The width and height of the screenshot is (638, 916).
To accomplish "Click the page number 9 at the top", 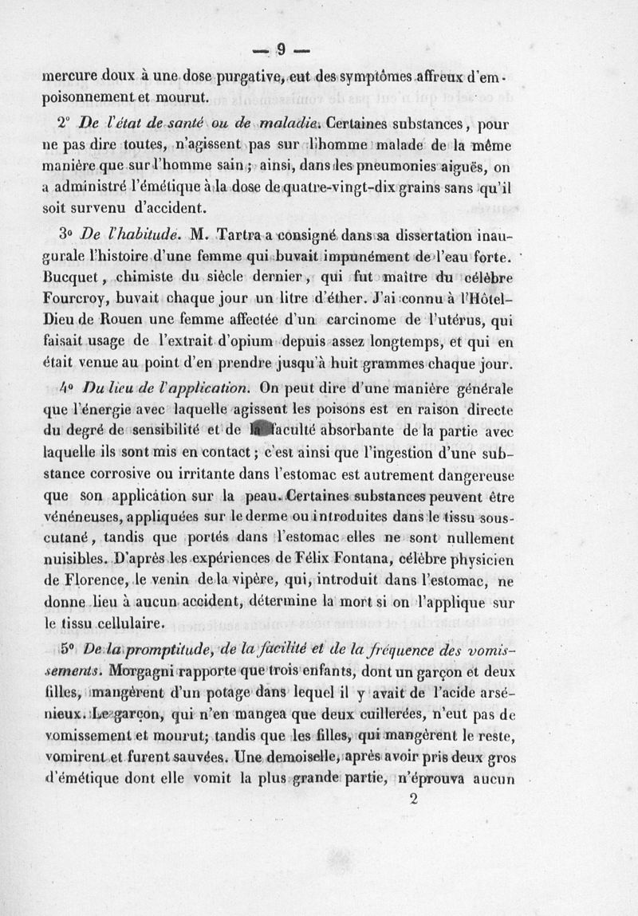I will [x=281, y=49].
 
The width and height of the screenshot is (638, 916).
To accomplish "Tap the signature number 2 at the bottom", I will [x=413, y=803].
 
